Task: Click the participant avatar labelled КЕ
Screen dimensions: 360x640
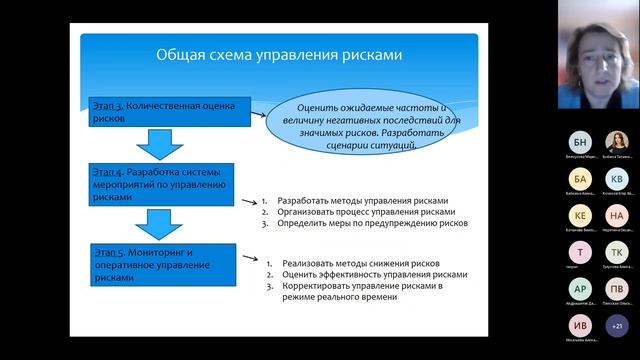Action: point(581,215)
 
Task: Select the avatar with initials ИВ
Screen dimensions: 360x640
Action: point(581,325)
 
